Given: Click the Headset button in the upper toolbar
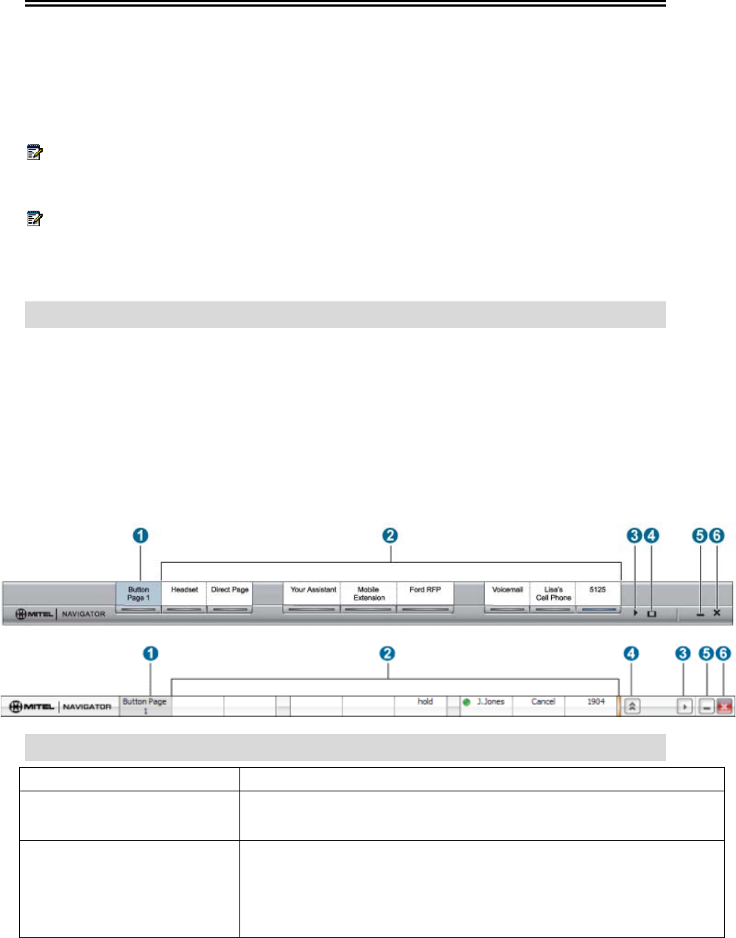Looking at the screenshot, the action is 184,594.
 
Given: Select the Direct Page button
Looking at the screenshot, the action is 230,594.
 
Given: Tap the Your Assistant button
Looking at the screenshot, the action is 313,594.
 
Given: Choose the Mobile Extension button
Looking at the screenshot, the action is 368,594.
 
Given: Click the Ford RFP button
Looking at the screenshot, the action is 425,594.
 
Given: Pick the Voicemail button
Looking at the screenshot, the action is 508,594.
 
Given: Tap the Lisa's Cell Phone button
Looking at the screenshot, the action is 553,594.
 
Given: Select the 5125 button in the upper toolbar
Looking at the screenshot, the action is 597,594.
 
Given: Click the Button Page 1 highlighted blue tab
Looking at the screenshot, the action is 139,594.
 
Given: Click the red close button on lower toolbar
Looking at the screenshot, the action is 725,707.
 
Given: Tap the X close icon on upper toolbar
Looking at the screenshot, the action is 717,613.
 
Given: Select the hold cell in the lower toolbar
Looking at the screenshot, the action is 425,702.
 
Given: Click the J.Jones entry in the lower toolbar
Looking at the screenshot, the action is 490,702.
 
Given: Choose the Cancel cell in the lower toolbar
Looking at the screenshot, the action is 543,702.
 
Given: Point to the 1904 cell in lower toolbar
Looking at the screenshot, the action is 596,702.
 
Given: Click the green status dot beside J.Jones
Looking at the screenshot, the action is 466,702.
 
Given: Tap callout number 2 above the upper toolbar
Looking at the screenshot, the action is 391,536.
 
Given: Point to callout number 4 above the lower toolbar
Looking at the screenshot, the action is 631,654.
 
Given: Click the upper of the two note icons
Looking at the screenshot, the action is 35,153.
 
